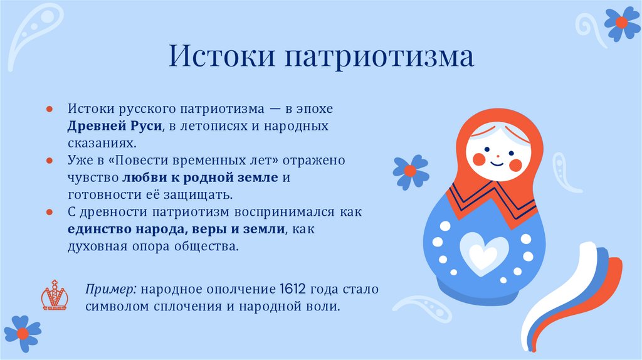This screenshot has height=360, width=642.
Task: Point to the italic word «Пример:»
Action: (112, 290)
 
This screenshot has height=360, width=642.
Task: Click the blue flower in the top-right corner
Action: (621, 23)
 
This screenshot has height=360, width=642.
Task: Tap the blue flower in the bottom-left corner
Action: (23, 333)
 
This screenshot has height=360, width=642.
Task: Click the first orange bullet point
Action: (50, 109)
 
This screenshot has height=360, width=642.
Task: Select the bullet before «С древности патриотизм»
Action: (50, 212)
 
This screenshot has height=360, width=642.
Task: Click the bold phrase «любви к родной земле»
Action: (200, 177)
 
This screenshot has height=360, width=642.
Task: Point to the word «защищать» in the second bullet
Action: (207, 194)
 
